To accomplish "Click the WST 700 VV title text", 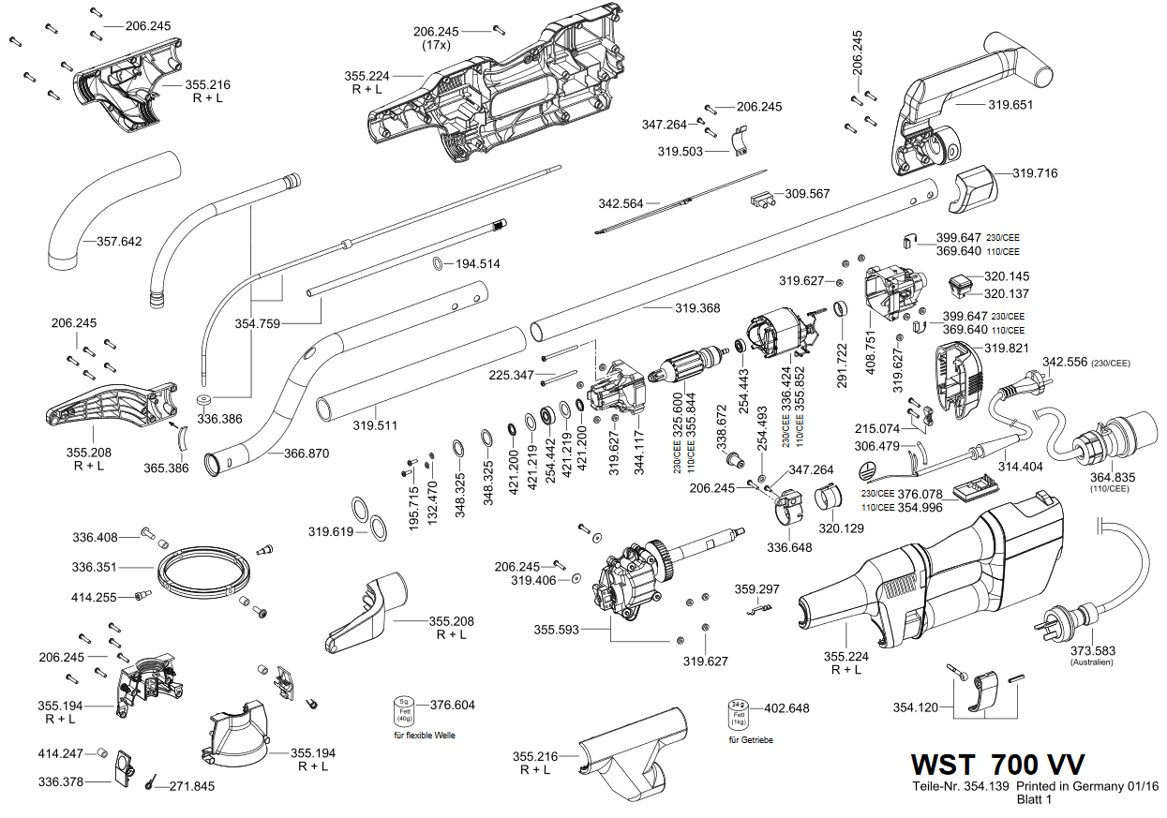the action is (x=997, y=765).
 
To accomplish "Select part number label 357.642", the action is (x=119, y=242).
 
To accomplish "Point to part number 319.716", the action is (x=1035, y=173).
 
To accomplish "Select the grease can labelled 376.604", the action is (x=404, y=711).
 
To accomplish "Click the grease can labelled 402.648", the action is (x=739, y=715).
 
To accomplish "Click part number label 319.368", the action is (x=697, y=308).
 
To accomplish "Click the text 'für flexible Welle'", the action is (x=425, y=736).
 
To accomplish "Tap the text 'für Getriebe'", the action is (x=751, y=740).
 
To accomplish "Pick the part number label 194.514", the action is (x=478, y=264).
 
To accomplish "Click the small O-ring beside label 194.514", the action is (x=438, y=263).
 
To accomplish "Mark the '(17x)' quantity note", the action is (x=437, y=45).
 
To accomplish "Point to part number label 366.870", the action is (x=307, y=454).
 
